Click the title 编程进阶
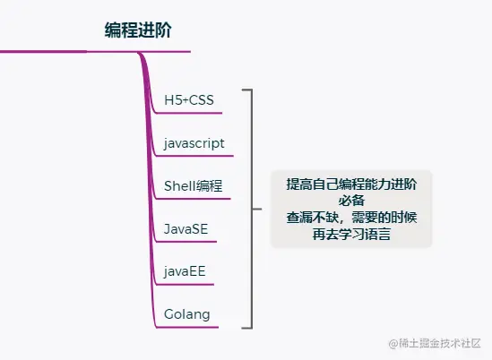coord(137,30)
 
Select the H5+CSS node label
coord(189,99)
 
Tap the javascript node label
coord(194,142)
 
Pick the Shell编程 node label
coord(193,185)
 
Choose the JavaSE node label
coord(186,228)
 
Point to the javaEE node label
coord(186,271)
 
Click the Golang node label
coord(187,313)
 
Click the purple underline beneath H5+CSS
coord(202,113)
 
